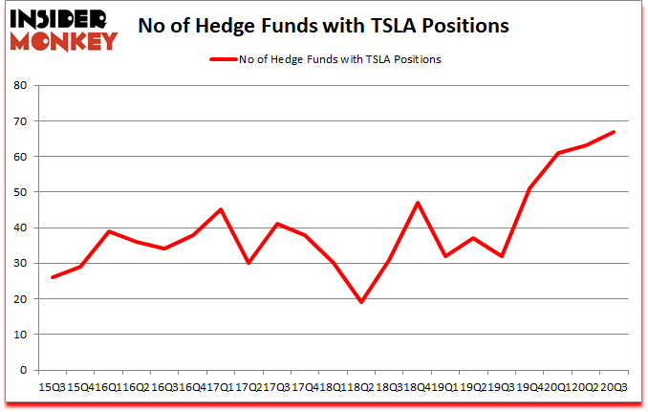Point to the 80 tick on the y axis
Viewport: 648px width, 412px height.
click(x=19, y=85)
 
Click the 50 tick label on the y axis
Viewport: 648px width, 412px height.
click(x=19, y=192)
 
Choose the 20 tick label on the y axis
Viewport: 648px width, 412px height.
click(x=19, y=299)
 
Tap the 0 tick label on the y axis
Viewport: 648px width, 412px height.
click(x=22, y=370)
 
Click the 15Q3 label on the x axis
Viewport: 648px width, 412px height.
click(x=50, y=386)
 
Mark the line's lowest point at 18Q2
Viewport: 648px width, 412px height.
click(x=361, y=302)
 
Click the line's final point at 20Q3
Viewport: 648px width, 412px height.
click(x=614, y=132)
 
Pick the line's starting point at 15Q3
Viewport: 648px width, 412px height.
click(x=53, y=277)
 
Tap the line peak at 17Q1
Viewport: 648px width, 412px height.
click(x=221, y=209)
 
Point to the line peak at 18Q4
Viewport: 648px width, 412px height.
click(x=417, y=203)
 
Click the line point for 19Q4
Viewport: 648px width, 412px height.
click(x=529, y=188)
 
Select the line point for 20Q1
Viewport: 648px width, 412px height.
click(x=557, y=153)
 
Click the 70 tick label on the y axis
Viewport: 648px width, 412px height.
click(x=19, y=120)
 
